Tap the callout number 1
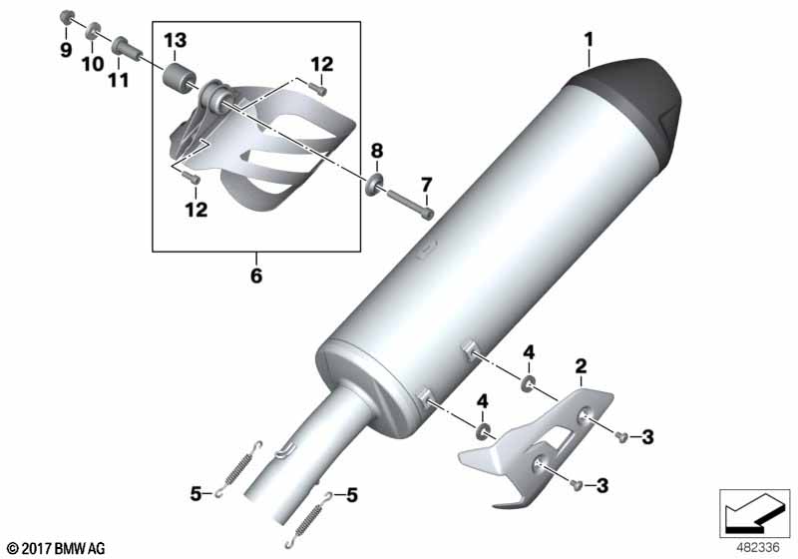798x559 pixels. point(589,40)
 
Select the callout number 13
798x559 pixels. point(176,40)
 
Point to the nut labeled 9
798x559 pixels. point(67,17)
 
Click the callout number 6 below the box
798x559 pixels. point(256,276)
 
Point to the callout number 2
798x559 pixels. point(581,365)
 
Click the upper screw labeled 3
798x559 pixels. point(619,436)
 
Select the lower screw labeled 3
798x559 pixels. point(576,485)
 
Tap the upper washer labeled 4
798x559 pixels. point(528,383)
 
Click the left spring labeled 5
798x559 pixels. point(237,468)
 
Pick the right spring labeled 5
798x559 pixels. point(309,518)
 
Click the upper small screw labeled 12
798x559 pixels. point(320,90)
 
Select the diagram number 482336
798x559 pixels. point(758,547)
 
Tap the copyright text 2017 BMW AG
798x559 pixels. point(57,548)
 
